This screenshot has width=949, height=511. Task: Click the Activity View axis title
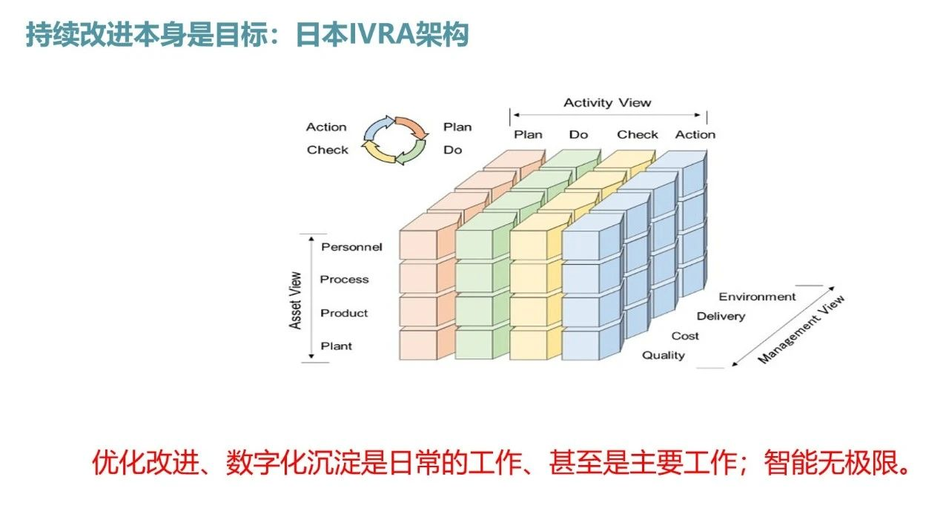[x=606, y=103]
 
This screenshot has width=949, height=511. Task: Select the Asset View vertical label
[x=295, y=300]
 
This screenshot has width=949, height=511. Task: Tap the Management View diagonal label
[x=801, y=329]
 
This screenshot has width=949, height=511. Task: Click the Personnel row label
[x=351, y=247]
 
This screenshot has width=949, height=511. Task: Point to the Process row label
[x=344, y=280]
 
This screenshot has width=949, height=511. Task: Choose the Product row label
[x=344, y=313]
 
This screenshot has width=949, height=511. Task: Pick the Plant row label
[x=336, y=346]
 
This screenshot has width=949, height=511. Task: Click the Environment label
[x=757, y=297]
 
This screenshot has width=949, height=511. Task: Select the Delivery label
[x=721, y=317]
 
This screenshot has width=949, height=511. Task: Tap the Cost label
[x=684, y=336]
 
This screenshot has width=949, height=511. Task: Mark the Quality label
[x=663, y=355]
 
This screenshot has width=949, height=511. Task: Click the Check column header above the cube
[x=637, y=135]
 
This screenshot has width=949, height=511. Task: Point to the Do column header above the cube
[x=578, y=135]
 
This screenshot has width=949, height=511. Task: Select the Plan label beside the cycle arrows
[x=457, y=127]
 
